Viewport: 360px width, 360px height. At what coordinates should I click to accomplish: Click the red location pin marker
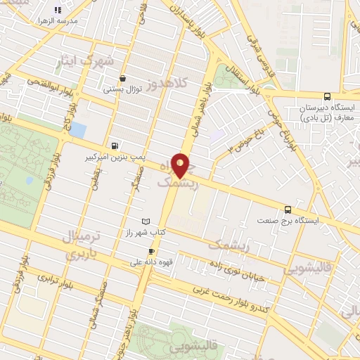181,165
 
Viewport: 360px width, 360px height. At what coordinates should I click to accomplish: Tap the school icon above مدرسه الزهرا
77,9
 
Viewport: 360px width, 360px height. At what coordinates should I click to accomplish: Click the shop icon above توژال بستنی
124,79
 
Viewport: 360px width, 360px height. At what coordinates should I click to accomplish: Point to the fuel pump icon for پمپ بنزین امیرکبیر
114,146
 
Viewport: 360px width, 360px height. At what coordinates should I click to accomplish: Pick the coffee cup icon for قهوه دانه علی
150,251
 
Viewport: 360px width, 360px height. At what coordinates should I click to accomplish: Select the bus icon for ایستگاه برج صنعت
288,209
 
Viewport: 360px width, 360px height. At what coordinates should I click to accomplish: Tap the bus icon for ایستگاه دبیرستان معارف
326,97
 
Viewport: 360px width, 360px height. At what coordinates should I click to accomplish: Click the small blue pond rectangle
77,131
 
